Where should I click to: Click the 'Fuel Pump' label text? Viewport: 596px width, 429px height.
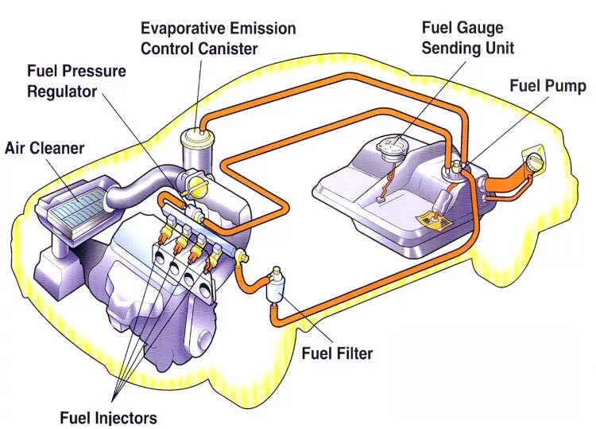click(x=548, y=86)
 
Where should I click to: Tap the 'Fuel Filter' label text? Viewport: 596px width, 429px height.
click(x=337, y=353)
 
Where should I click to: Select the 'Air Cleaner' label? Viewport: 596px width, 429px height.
click(x=45, y=148)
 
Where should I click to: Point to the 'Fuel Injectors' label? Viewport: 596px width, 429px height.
click(x=109, y=417)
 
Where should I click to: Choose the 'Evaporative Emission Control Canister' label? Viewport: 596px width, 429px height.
click(x=218, y=38)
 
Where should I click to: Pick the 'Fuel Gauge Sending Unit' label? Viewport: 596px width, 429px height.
click(x=467, y=38)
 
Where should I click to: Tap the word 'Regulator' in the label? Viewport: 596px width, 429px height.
click(x=62, y=91)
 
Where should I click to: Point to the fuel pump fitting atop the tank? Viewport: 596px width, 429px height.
click(x=459, y=167)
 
